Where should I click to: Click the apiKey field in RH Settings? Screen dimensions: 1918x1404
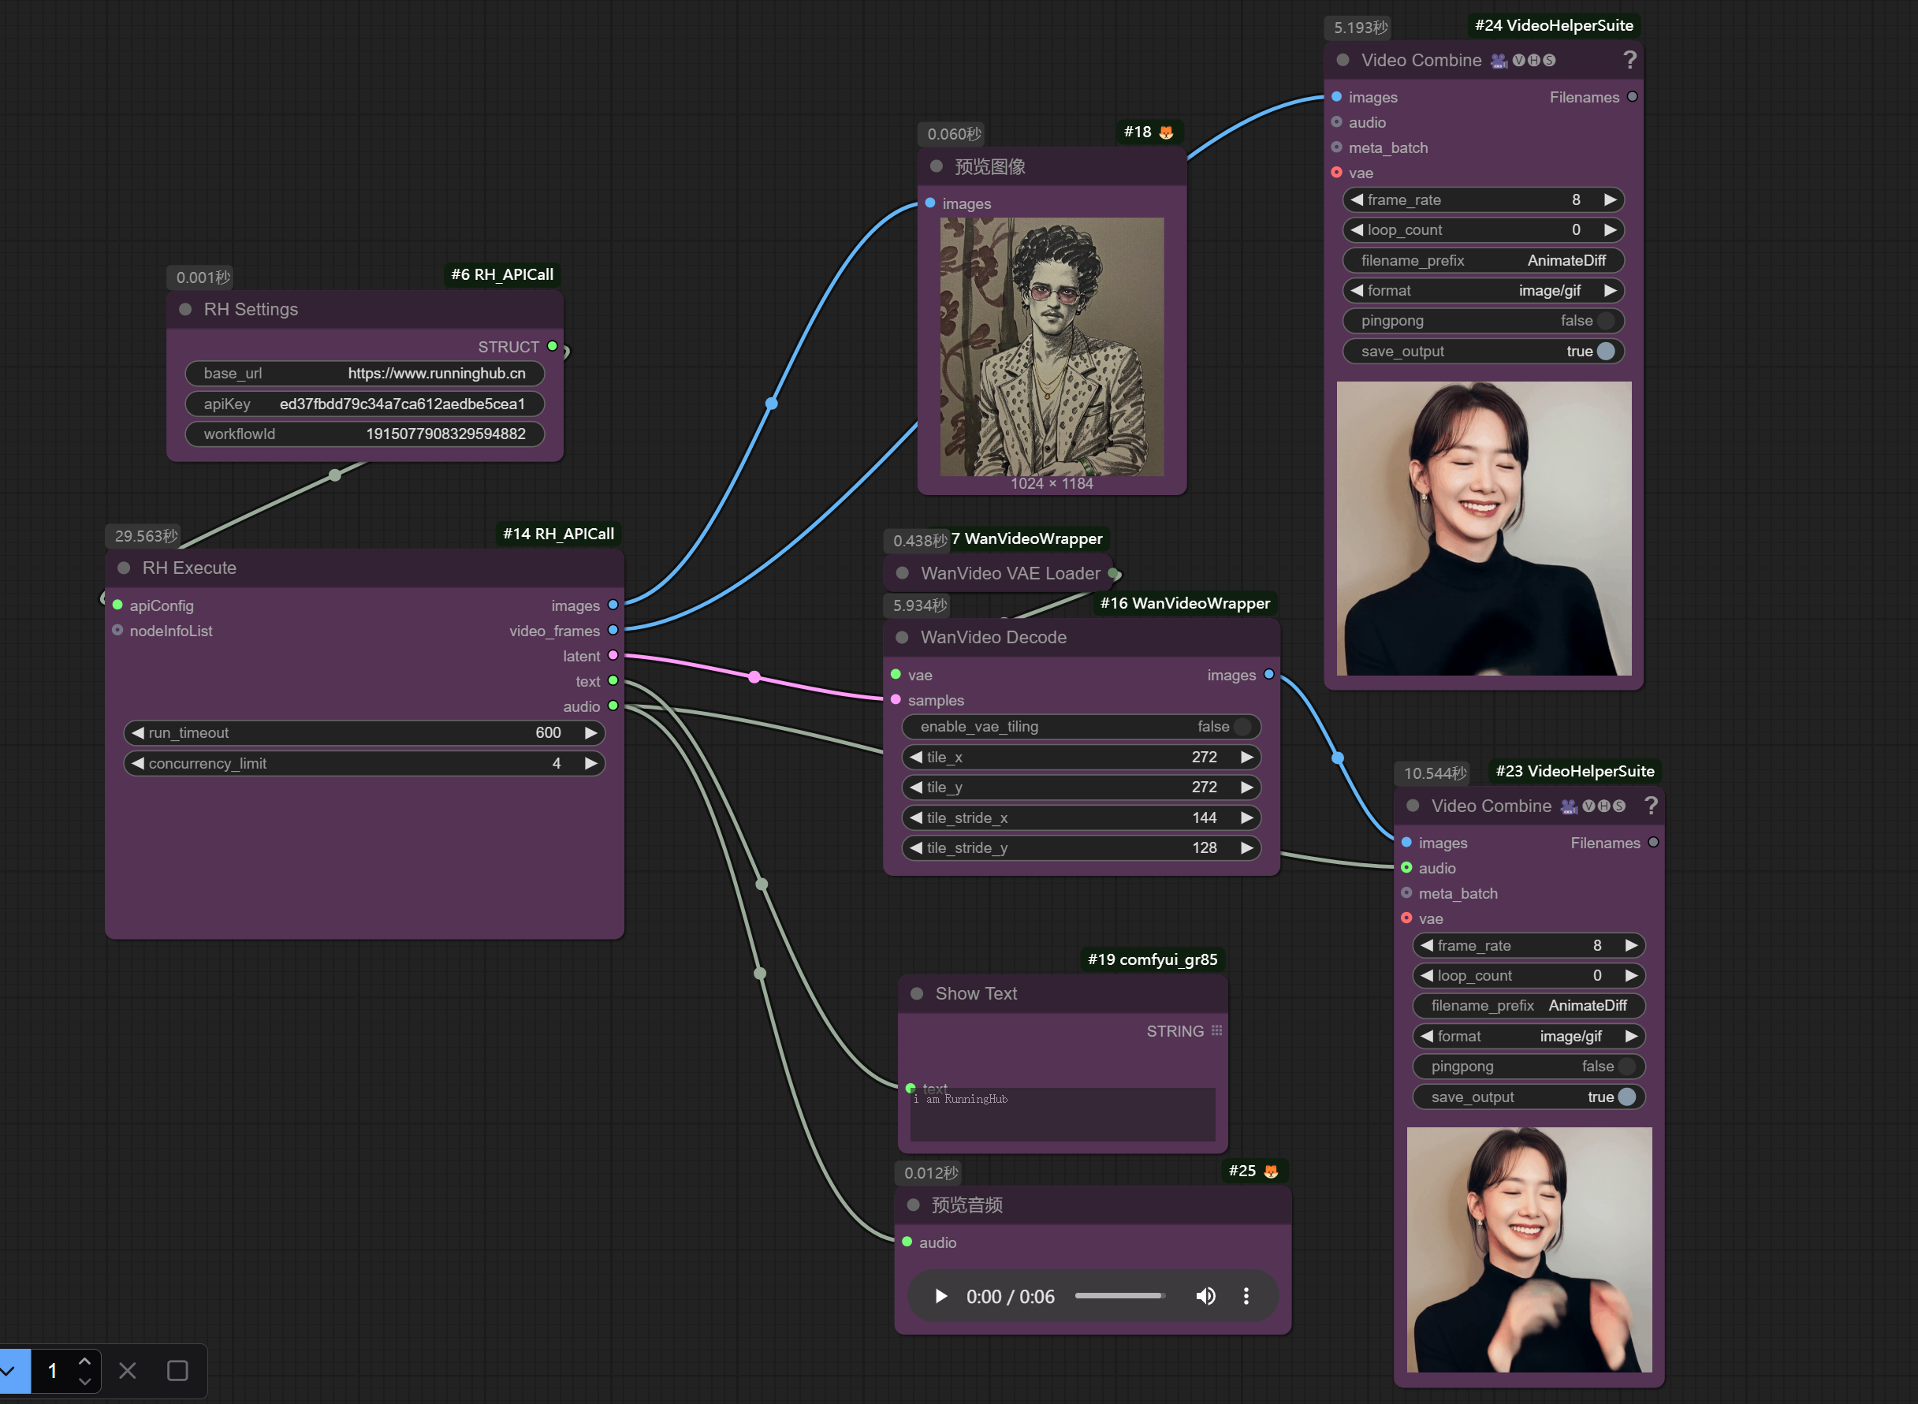pyautogui.click(x=364, y=404)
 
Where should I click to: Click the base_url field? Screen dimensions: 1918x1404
pyautogui.click(x=364, y=373)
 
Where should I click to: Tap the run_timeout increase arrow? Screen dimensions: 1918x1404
pyautogui.click(x=590, y=732)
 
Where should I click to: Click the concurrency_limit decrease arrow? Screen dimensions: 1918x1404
pyautogui.click(x=138, y=763)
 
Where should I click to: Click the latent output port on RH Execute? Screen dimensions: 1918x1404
pyautogui.click(x=613, y=655)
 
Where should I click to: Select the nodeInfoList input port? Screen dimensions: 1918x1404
pyautogui.click(x=117, y=630)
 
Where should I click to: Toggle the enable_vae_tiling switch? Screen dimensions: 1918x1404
pyautogui.click(x=1242, y=727)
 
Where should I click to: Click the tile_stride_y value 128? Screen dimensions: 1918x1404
pyautogui.click(x=1204, y=847)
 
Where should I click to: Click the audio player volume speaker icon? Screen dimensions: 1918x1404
pyautogui.click(x=1205, y=1296)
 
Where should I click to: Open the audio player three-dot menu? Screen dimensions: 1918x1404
pyautogui.click(x=1246, y=1296)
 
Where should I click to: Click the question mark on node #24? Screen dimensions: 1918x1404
pyautogui.click(x=1629, y=59)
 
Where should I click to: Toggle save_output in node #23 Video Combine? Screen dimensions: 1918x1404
pyautogui.click(x=1626, y=1097)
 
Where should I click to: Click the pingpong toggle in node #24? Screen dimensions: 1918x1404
pyautogui.click(x=1605, y=320)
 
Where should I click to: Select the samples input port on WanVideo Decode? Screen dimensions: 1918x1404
pyautogui.click(x=896, y=699)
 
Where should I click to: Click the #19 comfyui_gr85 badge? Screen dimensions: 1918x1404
pyautogui.click(x=1153, y=959)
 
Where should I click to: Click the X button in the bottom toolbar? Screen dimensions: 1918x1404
pyautogui.click(x=128, y=1371)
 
